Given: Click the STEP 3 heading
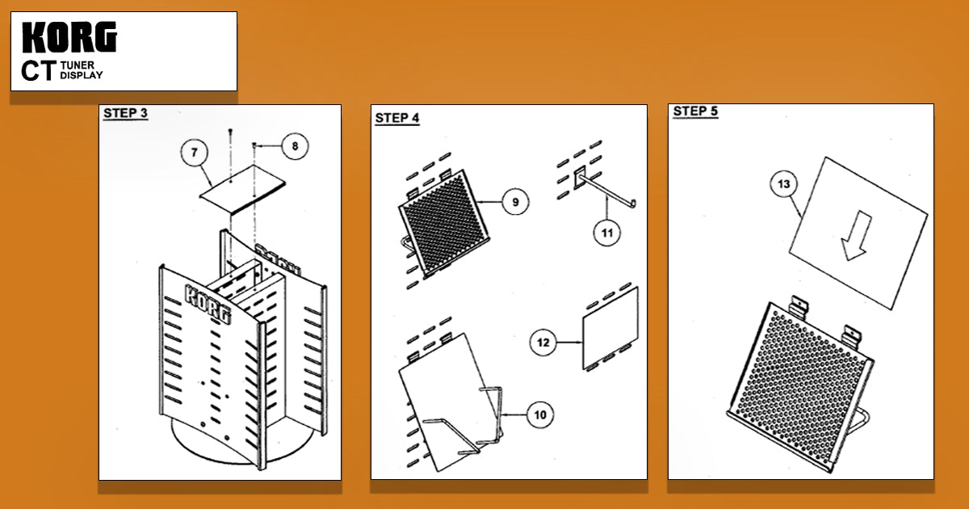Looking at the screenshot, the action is tap(125, 113).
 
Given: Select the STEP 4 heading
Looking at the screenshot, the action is tap(397, 118).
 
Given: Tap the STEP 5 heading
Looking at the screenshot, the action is tap(695, 111).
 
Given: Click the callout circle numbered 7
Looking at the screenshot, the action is tap(195, 153).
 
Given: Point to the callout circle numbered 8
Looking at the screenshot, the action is tap(295, 146).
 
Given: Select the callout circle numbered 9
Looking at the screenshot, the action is tap(515, 202).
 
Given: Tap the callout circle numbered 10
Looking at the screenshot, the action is tap(540, 415).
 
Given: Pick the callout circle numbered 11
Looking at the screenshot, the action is tap(607, 233).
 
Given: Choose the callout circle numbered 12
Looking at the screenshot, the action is tap(543, 343).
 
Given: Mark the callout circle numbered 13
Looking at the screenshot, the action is tap(784, 184).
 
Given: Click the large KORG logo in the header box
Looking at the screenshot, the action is tap(69, 37).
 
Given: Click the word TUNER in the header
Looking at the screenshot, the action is tap(78, 65).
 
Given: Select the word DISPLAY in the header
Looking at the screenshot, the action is tap(82, 75).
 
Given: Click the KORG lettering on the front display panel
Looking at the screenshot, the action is tap(208, 303).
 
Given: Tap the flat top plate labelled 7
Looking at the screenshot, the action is tap(243, 189).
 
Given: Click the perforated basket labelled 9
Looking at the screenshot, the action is tap(444, 222).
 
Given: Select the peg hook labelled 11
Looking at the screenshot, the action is tap(604, 189).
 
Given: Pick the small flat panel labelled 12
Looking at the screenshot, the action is tap(610, 329).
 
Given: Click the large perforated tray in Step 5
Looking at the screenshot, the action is tap(800, 386).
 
